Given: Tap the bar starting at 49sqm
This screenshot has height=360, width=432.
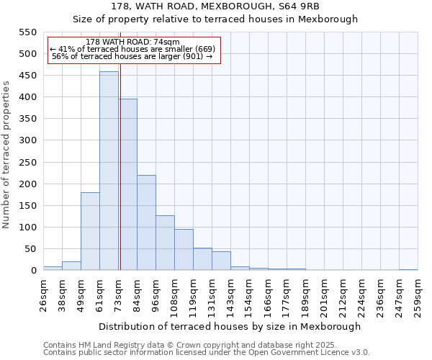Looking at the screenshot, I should click(90, 231).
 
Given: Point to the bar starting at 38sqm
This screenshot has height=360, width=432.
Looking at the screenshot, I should click(71, 266).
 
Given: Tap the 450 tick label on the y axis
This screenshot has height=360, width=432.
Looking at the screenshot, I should click(27, 76).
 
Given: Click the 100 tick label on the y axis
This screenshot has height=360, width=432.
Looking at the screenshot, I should click(27, 228).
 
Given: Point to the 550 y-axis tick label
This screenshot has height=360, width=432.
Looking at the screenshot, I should click(27, 32).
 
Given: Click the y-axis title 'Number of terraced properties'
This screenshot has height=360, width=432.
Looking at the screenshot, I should click(6, 155).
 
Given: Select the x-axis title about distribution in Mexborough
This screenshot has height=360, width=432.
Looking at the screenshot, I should click(230, 326).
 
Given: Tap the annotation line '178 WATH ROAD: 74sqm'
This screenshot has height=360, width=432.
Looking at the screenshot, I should click(132, 42).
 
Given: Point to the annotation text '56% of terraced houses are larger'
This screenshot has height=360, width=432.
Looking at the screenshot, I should click(132, 56).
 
